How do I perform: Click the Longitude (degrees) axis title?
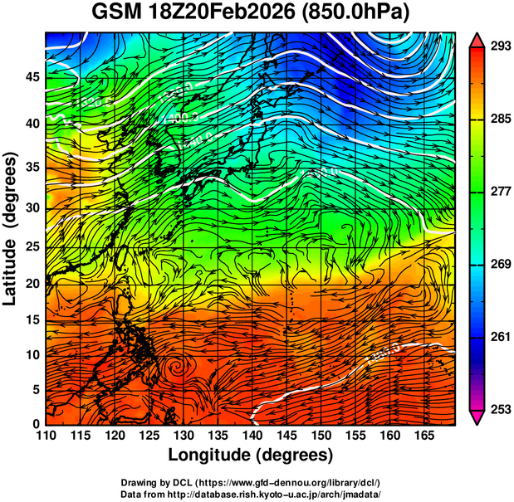(x=251, y=456)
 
